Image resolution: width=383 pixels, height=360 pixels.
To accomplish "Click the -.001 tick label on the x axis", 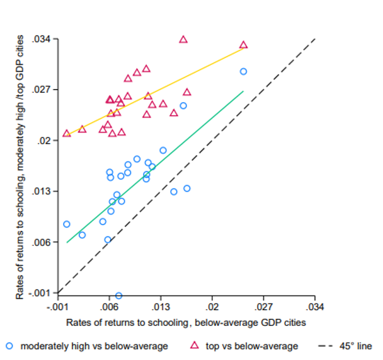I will pyautogui.click(x=57, y=307).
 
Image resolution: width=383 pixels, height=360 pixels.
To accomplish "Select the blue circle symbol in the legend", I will pyautogui.click(x=9, y=346).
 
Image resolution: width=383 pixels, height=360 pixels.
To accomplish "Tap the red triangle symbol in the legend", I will pyautogui.click(x=195, y=345).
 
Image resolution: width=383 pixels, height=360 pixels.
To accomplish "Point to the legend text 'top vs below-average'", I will pyautogui.click(x=251, y=346).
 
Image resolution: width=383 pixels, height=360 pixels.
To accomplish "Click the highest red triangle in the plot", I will pyautogui.click(x=183, y=39).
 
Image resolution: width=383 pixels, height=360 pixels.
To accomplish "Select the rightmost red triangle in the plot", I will pyautogui.click(x=243, y=45).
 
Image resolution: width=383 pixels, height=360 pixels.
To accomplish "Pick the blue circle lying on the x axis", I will pyautogui.click(x=118, y=295).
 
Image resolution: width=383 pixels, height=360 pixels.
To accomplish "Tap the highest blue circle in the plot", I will pyautogui.click(x=243, y=72).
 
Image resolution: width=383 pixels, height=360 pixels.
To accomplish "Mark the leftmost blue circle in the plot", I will pyautogui.click(x=67, y=224).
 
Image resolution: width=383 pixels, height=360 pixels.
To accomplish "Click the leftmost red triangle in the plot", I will pyautogui.click(x=67, y=134).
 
